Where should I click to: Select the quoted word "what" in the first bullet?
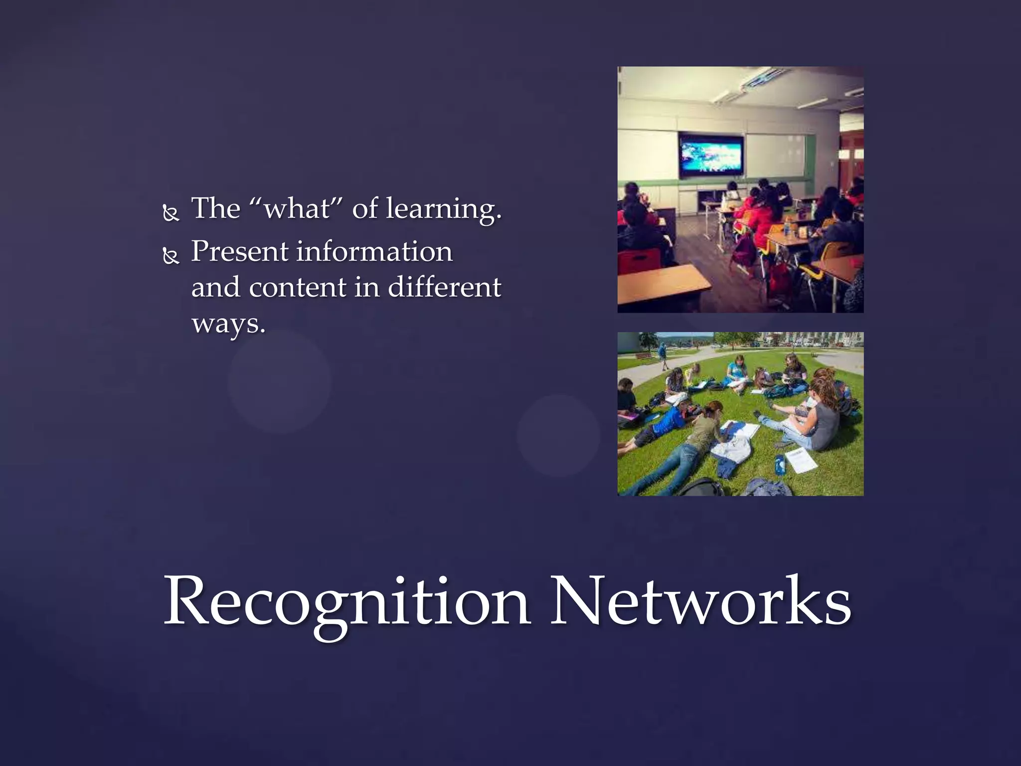296,208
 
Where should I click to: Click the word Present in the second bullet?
239,251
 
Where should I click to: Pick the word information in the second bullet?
374,251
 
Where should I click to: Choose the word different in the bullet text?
444,287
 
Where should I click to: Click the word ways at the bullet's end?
227,324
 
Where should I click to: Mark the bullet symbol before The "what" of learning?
171,213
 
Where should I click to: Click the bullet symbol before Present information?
171,256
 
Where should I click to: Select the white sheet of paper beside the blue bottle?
801,459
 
